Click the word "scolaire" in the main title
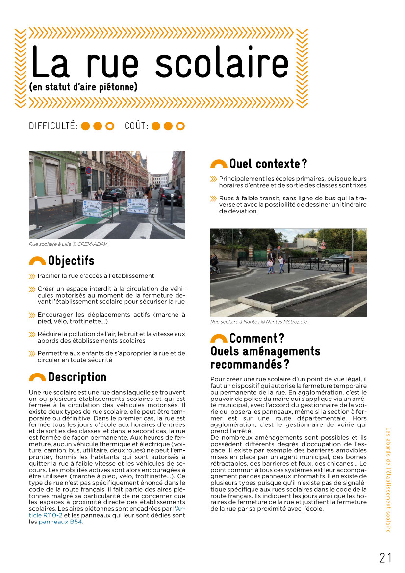pos(222,64)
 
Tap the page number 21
pos(386,557)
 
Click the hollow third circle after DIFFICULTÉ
pos(110,126)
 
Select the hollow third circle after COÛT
pos(180,126)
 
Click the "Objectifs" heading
pos(71,261)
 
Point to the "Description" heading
pos(77,377)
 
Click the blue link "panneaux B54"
pos(60,522)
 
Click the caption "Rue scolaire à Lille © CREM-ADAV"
pos(68,244)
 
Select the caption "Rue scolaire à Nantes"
pos(259,322)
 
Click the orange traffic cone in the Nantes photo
pos(352,269)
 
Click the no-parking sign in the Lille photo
pos(89,170)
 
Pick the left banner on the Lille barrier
pos(92,208)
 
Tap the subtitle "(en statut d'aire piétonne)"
pos(83,87)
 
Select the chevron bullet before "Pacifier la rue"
pos(32,276)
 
